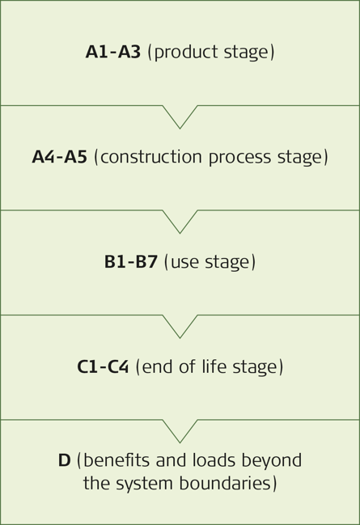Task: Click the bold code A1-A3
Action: pos(113,52)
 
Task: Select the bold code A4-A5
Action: pos(60,157)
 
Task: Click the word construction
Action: pos(151,157)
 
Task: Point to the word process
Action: pos(239,158)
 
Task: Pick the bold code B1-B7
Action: pos(131,261)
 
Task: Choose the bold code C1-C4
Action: pos(103,366)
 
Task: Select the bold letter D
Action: pos(64,460)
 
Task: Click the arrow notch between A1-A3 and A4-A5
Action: pos(180,117)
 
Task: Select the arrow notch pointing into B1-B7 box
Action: pos(180,222)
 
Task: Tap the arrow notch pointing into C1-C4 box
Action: pos(180,327)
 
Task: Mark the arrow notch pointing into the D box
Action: pos(180,432)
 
